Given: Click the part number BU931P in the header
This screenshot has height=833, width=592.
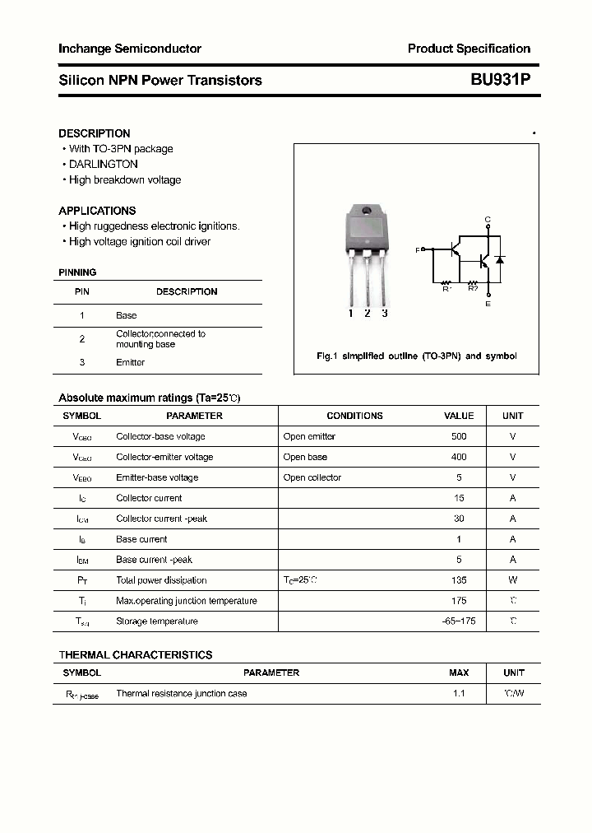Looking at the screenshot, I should click(x=501, y=80).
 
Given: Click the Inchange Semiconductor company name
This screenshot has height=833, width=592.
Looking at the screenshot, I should click(x=130, y=49).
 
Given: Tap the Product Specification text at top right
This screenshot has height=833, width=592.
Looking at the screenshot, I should click(x=469, y=49).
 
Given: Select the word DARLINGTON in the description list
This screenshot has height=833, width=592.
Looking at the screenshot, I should click(x=104, y=165).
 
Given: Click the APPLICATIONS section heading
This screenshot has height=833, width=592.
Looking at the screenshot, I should click(x=97, y=211).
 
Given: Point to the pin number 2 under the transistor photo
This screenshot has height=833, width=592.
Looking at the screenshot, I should click(x=367, y=313).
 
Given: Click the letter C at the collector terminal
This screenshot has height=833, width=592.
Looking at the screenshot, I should click(x=488, y=219).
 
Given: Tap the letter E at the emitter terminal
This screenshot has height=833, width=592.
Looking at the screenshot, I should click(x=488, y=305).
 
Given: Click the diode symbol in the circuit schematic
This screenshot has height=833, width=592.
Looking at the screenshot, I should click(x=499, y=259).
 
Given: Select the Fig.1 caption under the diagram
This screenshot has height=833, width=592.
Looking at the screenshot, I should click(x=416, y=356).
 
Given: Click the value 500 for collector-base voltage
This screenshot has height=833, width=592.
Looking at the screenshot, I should click(x=459, y=436).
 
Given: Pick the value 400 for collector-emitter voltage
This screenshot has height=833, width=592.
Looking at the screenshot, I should click(x=459, y=457).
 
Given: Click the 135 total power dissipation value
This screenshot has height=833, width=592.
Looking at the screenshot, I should click(x=459, y=580).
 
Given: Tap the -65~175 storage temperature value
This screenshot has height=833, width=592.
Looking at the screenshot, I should click(x=459, y=621).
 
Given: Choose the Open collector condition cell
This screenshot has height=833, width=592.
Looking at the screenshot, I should click(x=312, y=477).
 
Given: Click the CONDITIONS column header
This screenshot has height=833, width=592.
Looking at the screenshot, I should click(x=354, y=416).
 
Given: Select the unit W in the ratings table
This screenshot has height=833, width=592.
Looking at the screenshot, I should click(x=512, y=580).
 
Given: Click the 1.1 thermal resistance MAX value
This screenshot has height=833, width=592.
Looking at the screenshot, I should click(x=459, y=694).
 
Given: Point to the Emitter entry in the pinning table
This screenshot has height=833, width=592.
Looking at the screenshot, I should click(x=130, y=362).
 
